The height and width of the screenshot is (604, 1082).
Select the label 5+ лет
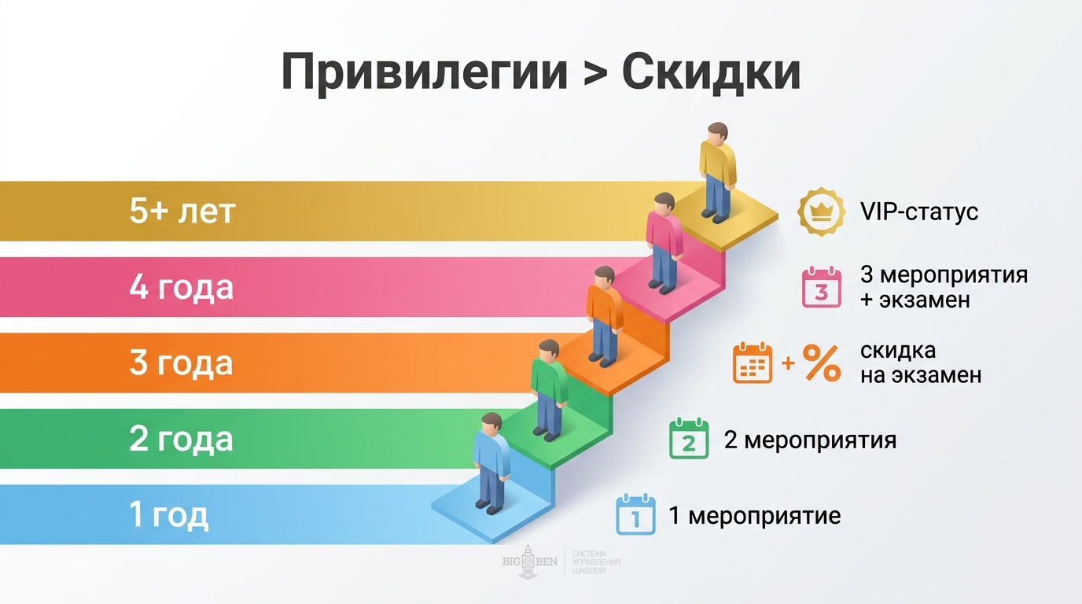point(182,212)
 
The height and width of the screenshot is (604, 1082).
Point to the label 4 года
point(182,288)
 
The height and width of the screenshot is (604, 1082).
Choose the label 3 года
point(182,364)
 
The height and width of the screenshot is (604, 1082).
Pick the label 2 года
point(182,439)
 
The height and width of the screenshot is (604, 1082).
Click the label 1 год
point(169,515)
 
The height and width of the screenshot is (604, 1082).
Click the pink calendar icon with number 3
point(821,288)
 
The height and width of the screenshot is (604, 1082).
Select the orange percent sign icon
point(823,364)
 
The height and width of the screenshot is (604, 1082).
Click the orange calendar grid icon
point(753,364)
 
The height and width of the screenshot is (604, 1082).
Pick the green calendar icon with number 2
point(689,440)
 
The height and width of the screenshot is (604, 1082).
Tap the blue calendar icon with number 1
point(635,515)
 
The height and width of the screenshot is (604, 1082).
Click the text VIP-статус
point(918,212)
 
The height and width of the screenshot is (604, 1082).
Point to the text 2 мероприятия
point(810,440)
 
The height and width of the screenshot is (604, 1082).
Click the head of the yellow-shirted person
point(717,133)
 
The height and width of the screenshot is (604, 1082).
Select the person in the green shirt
point(549,389)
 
